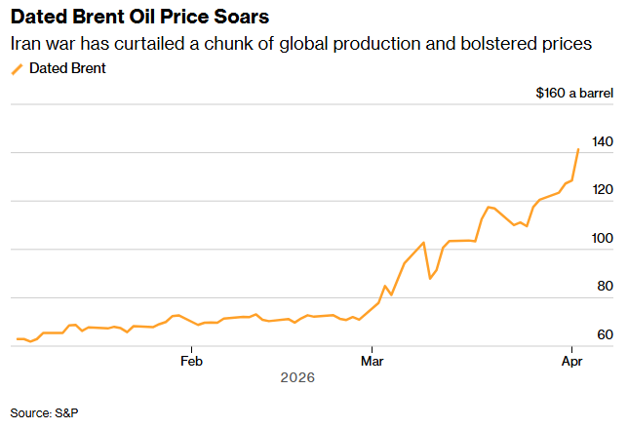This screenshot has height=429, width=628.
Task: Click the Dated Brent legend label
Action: (67, 68)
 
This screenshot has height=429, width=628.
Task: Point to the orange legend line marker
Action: (17, 68)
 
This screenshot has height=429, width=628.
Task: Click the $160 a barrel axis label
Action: (573, 94)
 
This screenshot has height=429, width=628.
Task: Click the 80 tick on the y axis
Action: (605, 287)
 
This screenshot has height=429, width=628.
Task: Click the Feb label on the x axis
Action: (191, 360)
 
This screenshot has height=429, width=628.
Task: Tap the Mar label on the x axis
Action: (371, 360)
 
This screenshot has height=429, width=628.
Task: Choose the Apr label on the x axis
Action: (571, 360)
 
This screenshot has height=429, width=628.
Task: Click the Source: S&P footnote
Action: (44, 412)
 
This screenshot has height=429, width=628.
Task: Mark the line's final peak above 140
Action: (578, 149)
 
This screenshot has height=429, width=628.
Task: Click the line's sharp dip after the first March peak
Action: (430, 279)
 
